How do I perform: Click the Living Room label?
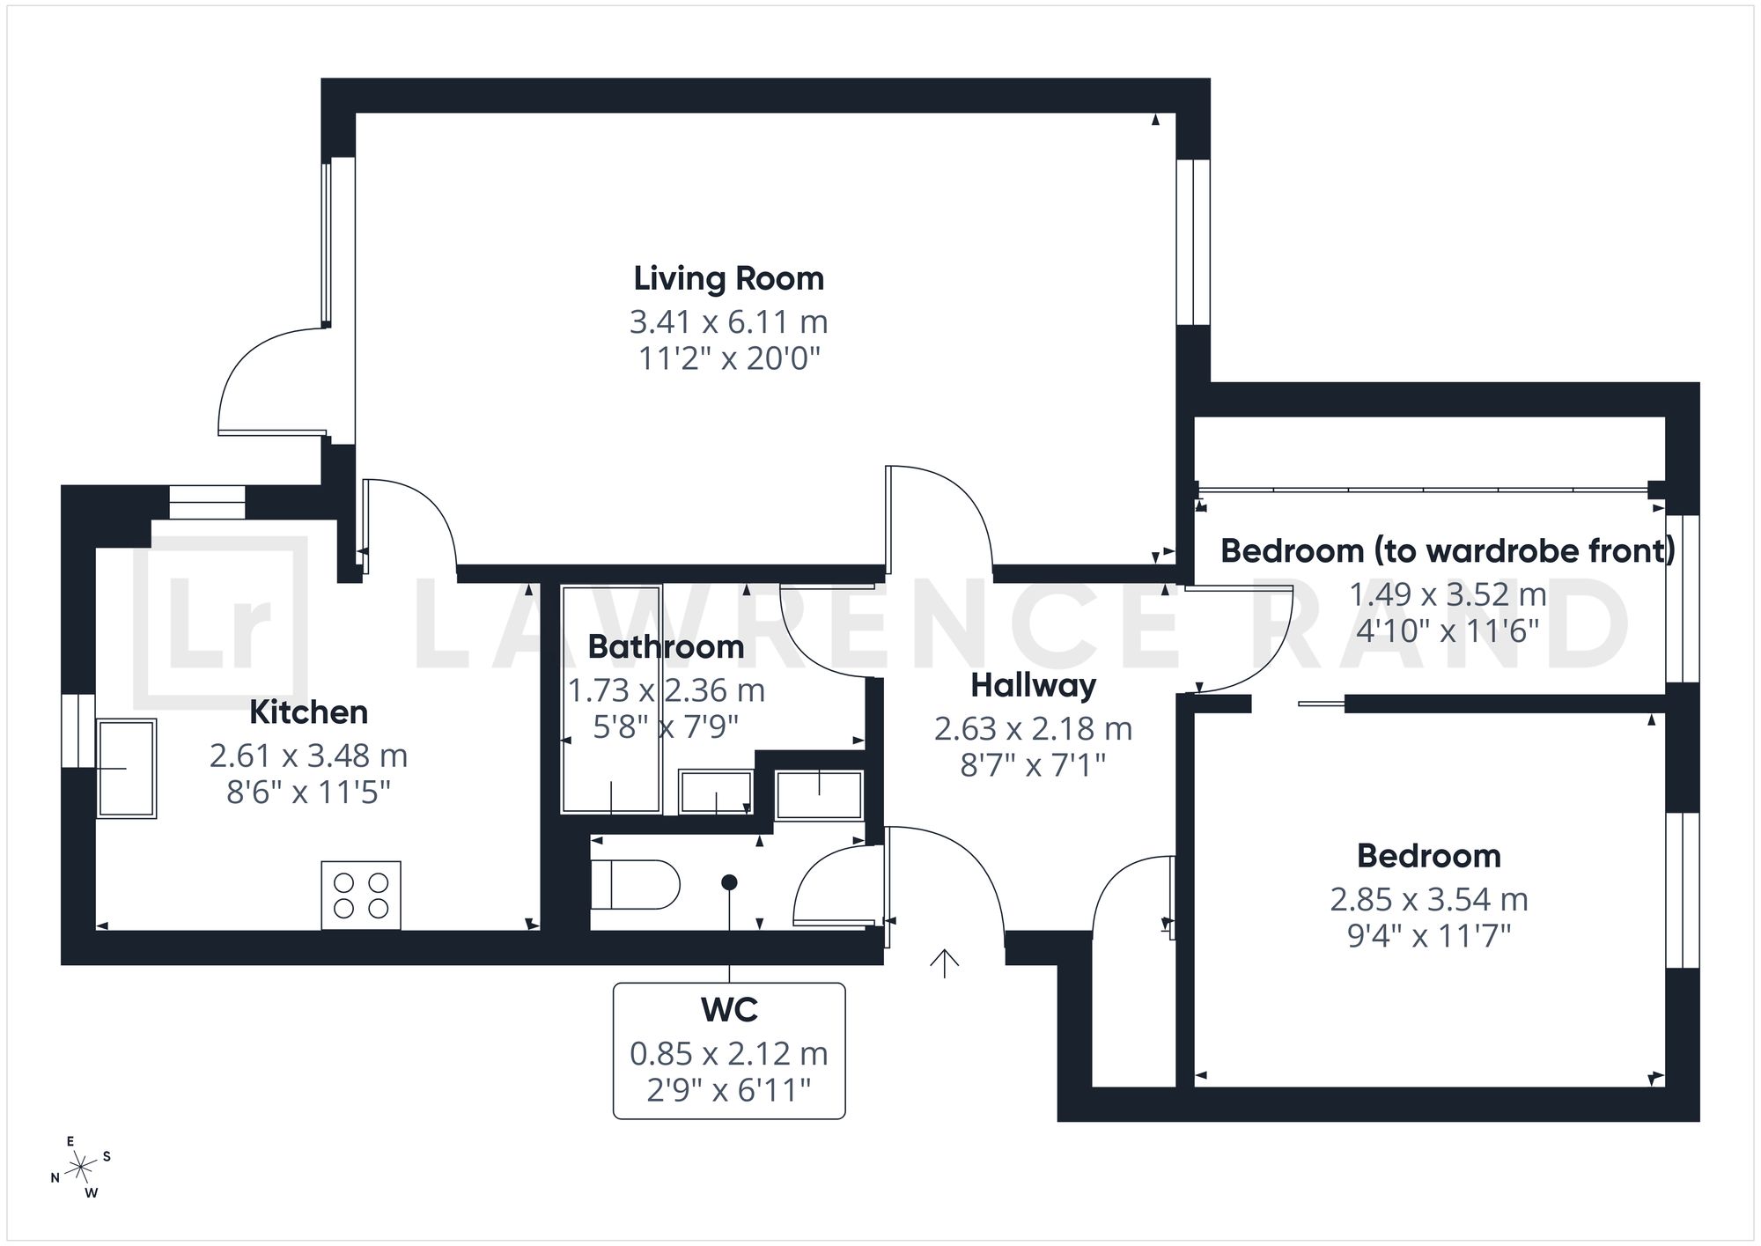pyautogui.click(x=729, y=278)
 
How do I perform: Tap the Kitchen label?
pyautogui.click(x=308, y=711)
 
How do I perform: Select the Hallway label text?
pyautogui.click(x=1034, y=685)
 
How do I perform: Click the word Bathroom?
pyautogui.click(x=666, y=646)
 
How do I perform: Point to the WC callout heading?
pyautogui.click(x=729, y=1010)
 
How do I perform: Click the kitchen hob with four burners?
pyautogui.click(x=361, y=895)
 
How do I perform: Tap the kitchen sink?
pyautogui.click(x=126, y=769)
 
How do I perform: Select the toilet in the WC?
pyautogui.click(x=635, y=885)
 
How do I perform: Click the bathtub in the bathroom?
pyautogui.click(x=611, y=699)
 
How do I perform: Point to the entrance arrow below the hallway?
pyautogui.click(x=944, y=963)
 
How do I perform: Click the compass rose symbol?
pyautogui.click(x=82, y=1168)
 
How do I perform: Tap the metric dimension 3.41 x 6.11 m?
pyautogui.click(x=729, y=322)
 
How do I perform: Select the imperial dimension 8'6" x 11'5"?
pyautogui.click(x=308, y=793)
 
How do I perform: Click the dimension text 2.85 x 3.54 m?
pyautogui.click(x=1429, y=899)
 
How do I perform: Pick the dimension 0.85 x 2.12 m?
pyautogui.click(x=729, y=1053)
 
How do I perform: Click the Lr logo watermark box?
pyautogui.click(x=220, y=623)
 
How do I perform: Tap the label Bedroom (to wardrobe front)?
pyautogui.click(x=1448, y=550)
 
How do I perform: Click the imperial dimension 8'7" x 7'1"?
pyautogui.click(x=1033, y=765)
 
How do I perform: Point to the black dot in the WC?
pyautogui.click(x=729, y=882)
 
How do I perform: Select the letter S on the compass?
pyautogui.click(x=107, y=1156)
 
